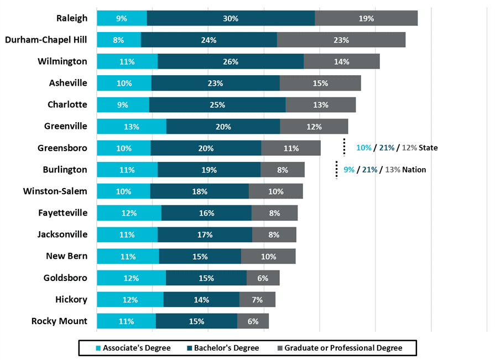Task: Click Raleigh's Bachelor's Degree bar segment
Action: point(231,18)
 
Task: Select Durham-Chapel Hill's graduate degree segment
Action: point(341,40)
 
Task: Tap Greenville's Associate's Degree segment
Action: point(132,126)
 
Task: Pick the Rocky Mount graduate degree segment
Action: point(253,321)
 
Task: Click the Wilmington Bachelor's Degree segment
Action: point(231,61)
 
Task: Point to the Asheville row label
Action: point(68,83)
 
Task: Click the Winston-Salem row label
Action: point(55,191)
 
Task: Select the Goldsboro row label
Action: point(66,278)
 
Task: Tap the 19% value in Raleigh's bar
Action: point(366,18)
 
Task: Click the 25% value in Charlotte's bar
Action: point(217,105)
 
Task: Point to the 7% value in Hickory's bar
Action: point(257,300)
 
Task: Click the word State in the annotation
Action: point(428,148)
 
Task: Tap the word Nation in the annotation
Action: point(414,170)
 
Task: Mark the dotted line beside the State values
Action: point(344,148)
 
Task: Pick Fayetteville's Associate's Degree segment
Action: point(129,213)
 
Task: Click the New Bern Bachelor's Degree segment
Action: point(200,256)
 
